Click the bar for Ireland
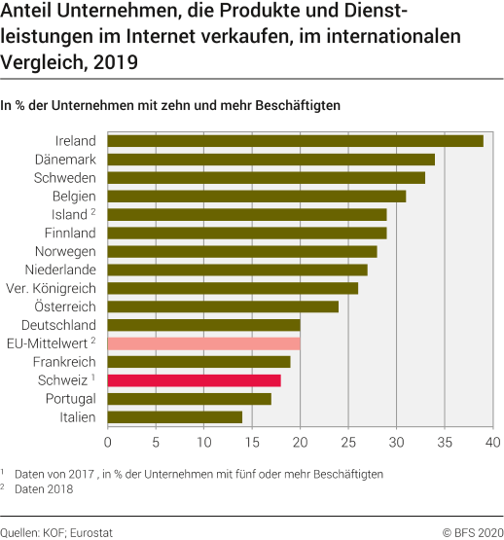click(295, 141)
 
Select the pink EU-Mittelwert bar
click(203, 343)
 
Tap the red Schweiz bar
click(194, 380)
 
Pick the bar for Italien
click(174, 417)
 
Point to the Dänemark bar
click(270, 160)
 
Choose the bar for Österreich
click(223, 306)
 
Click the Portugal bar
click(189, 399)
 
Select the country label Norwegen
click(66, 251)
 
